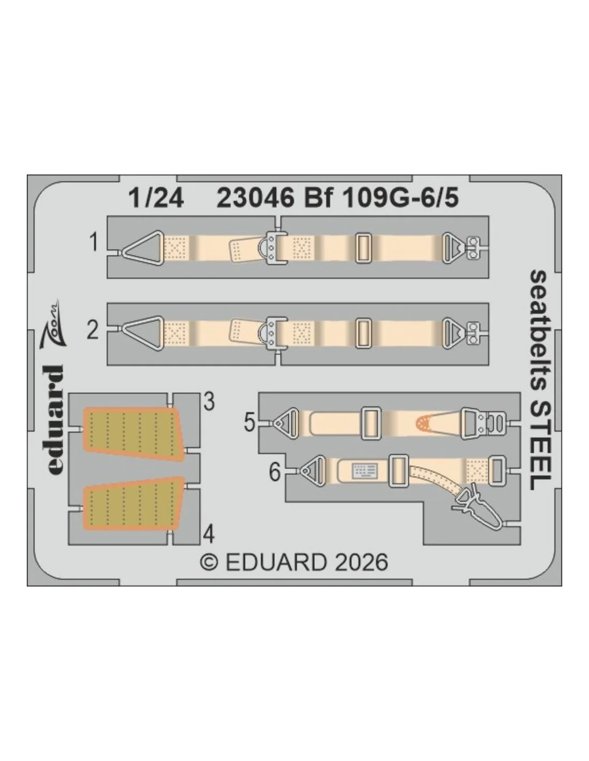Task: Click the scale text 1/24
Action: (156, 199)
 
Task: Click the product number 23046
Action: (255, 199)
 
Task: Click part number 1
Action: (93, 242)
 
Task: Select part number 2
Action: (93, 330)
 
